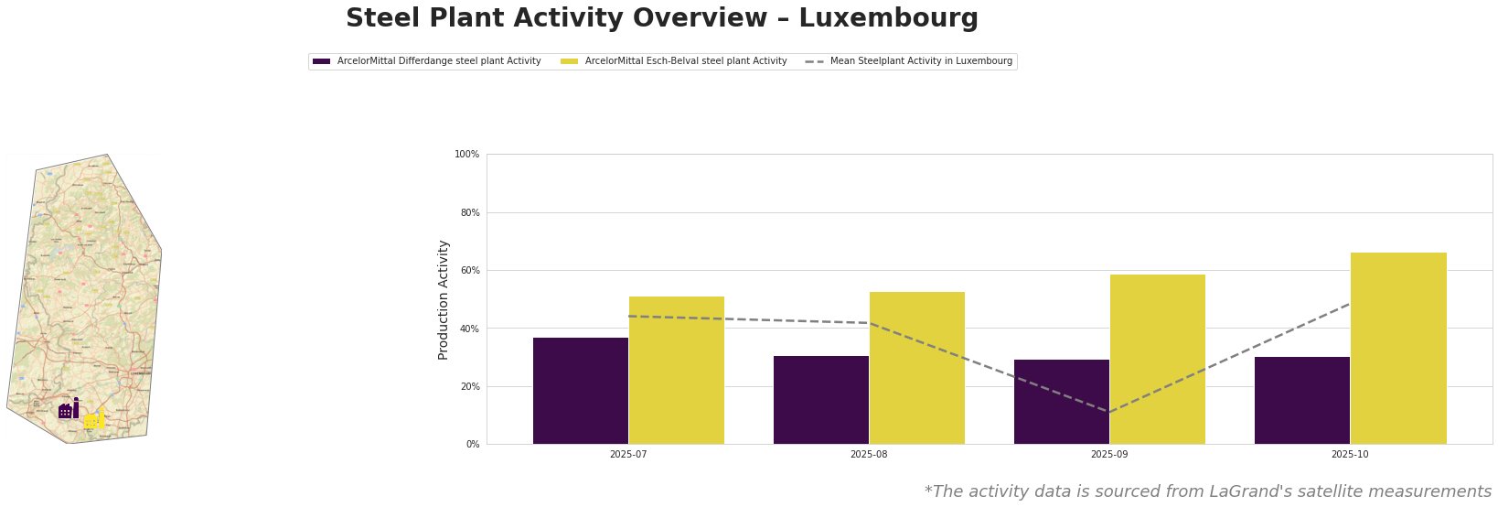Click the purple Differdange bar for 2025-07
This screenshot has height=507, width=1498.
pyautogui.click(x=581, y=391)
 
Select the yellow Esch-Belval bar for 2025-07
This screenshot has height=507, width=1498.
pyautogui.click(x=677, y=370)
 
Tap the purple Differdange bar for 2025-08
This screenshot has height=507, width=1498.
pyautogui.click(x=821, y=400)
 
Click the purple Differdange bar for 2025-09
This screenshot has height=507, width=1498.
pyautogui.click(x=1062, y=402)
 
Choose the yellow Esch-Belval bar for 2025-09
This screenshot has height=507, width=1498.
pyautogui.click(x=1158, y=359)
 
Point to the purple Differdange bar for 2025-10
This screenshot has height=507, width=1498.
pyautogui.click(x=1302, y=400)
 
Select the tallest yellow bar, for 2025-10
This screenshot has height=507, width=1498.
pyautogui.click(x=1398, y=348)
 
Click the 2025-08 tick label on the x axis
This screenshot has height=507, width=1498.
pyautogui.click(x=869, y=454)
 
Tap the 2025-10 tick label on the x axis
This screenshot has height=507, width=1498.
pyautogui.click(x=1350, y=454)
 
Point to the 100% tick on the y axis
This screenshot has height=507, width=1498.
pyautogui.click(x=467, y=155)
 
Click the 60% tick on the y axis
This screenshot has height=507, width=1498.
pyautogui.click(x=469, y=271)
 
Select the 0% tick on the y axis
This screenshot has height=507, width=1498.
pyautogui.click(x=472, y=445)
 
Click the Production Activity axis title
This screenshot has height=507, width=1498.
pyautogui.click(x=444, y=299)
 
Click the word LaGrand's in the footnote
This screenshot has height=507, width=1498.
pyautogui.click(x=1245, y=491)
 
